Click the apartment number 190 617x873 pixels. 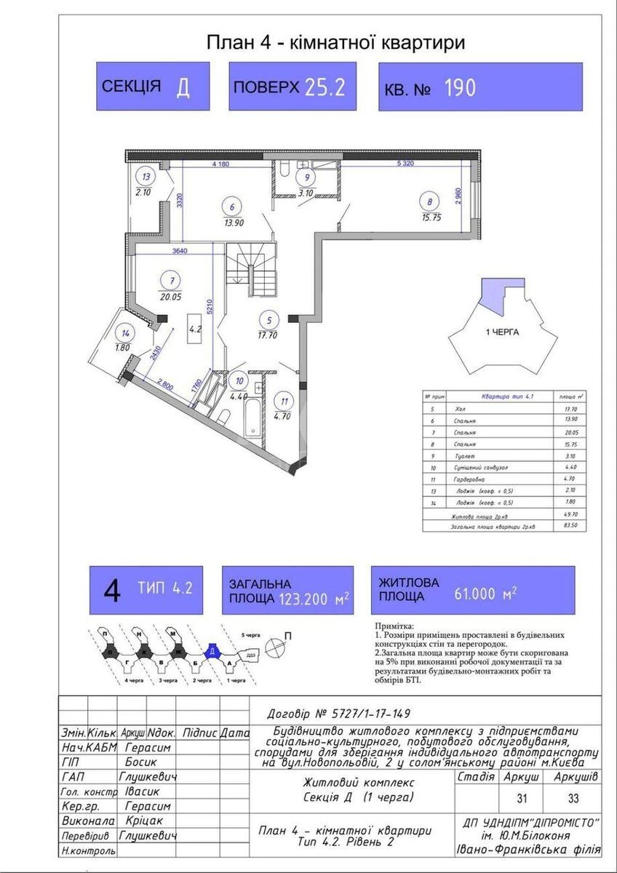[460, 88]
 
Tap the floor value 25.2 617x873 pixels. [325, 87]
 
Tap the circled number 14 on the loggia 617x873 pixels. [125, 333]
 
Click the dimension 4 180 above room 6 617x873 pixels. [220, 164]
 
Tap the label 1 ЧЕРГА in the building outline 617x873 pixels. [501, 331]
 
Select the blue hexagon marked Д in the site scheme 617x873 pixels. [211, 652]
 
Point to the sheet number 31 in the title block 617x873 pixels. [522, 799]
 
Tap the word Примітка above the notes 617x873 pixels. [394, 625]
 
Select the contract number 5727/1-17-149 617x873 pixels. [370, 714]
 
